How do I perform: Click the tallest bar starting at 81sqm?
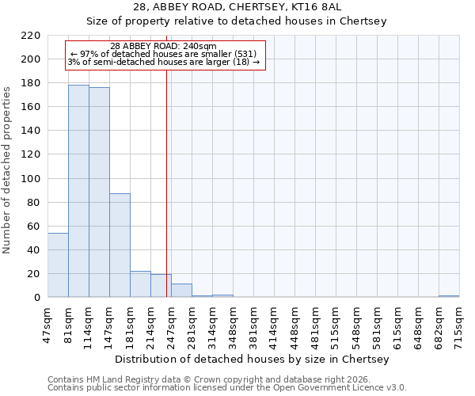pos(78,191)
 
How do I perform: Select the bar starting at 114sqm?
pos(99,192)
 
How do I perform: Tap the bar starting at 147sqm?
pos(120,246)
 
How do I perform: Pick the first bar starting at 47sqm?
pos(58,265)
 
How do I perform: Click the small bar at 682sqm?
pos(449,296)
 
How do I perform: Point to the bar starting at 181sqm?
pos(140,284)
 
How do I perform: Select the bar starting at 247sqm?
pos(181,291)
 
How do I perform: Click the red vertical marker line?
pos(166,182)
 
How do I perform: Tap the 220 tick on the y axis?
pos(32,36)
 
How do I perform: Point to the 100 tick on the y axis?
pos(32,178)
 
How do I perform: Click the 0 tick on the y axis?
pos(37,298)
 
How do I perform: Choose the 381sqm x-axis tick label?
pos(253,323)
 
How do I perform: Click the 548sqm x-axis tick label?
pos(356,323)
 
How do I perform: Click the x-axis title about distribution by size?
pos(252,360)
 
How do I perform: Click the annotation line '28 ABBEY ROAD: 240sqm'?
pos(163,47)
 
